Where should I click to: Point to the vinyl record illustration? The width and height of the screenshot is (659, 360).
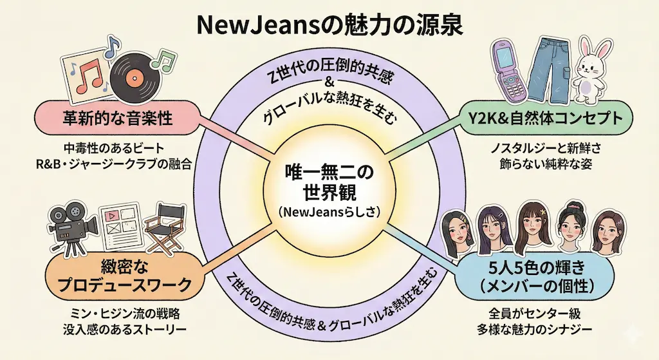(135, 74)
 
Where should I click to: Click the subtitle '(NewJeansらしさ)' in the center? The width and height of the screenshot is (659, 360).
(329, 211)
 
